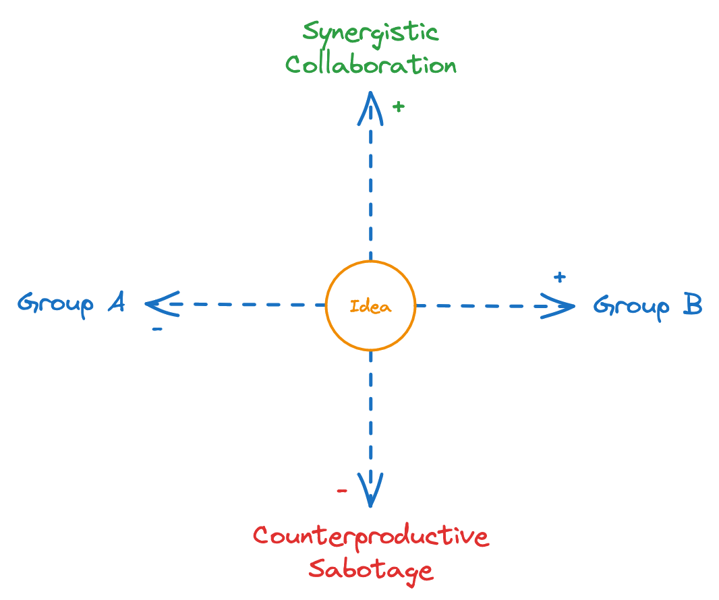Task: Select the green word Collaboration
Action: coord(370,65)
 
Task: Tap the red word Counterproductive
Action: coord(370,537)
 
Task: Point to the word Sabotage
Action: coord(370,570)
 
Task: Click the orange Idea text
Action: coord(370,306)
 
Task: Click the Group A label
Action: coord(71,304)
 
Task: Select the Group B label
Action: coord(648,305)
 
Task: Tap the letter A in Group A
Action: coord(116,303)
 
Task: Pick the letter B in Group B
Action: coord(692,305)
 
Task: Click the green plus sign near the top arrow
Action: coord(399,106)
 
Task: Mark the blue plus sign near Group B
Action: coord(558,277)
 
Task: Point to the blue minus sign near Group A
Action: coord(156,330)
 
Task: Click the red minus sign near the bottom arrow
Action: coord(342,490)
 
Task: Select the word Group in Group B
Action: coord(631,306)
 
